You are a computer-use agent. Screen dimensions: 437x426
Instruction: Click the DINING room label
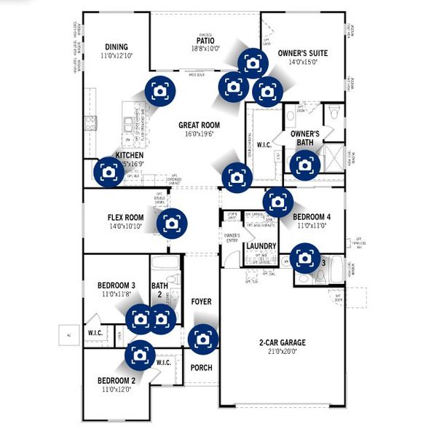tap(117, 47)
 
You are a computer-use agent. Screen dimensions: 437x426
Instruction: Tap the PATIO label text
tap(205, 40)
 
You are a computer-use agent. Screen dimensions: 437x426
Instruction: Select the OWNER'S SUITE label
tap(303, 53)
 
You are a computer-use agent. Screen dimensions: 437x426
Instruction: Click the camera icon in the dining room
tap(159, 91)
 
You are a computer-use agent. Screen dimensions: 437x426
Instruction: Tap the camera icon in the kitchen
tap(109, 172)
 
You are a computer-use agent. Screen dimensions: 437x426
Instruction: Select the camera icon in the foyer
tap(202, 339)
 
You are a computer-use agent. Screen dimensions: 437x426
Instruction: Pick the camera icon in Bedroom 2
tap(138, 355)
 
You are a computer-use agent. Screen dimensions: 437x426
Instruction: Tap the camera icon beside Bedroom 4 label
tap(278, 200)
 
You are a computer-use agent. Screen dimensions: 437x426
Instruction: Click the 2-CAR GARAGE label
tap(282, 342)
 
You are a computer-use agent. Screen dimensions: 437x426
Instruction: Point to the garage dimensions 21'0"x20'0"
tap(282, 352)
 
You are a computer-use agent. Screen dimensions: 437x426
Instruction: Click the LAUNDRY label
tap(261, 246)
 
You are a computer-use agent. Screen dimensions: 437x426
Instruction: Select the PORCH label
tap(201, 368)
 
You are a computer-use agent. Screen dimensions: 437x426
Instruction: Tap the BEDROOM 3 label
tap(117, 285)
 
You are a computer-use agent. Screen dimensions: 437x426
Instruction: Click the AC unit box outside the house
tap(69, 335)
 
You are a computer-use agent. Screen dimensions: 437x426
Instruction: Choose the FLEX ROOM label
tap(125, 217)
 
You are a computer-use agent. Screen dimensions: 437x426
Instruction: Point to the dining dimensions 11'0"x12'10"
tap(117, 55)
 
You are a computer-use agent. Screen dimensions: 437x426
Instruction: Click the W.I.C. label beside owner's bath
tap(264, 144)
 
